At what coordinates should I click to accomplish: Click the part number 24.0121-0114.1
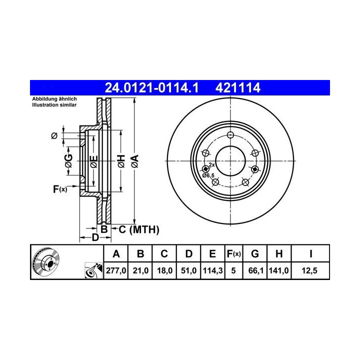(151, 87)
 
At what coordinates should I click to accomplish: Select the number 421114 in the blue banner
(237, 87)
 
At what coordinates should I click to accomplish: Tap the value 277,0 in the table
(116, 270)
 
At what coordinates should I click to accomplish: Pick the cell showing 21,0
(140, 270)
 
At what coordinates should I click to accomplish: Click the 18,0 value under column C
(164, 270)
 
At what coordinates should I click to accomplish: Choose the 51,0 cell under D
(188, 270)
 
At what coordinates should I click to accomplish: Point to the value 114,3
(212, 270)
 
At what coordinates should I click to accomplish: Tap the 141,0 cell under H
(278, 270)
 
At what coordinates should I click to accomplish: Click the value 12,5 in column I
(309, 270)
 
